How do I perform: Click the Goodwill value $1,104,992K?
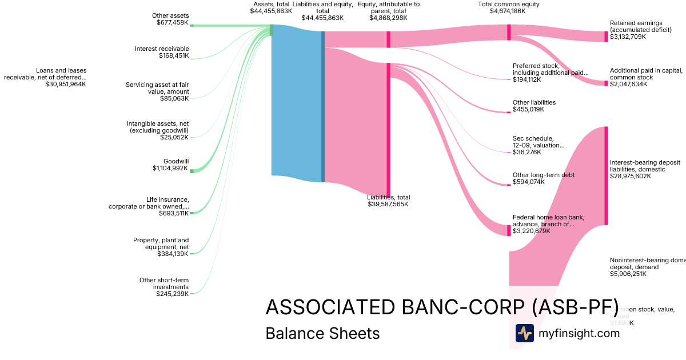pos(170,168)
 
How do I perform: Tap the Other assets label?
pos(170,15)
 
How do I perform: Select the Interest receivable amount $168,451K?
pos(174,56)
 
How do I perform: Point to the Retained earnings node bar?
pos(607,37)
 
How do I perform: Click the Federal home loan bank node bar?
pos(508,230)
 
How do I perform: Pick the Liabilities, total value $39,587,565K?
pos(388,204)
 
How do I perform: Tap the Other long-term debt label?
pos(544,175)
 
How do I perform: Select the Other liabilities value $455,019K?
pos(528,109)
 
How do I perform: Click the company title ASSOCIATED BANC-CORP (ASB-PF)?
pos(441,307)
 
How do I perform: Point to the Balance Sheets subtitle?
pos(322,333)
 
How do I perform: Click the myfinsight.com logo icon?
pos(524,333)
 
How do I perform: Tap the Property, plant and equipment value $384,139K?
pos(173,254)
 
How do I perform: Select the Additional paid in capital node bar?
pos(607,83)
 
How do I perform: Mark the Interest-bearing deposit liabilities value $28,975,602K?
pos(631,176)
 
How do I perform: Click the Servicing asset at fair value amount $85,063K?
pos(174,98)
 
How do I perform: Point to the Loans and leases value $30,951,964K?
pos(66,84)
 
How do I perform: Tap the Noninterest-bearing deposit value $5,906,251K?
pos(628,274)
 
